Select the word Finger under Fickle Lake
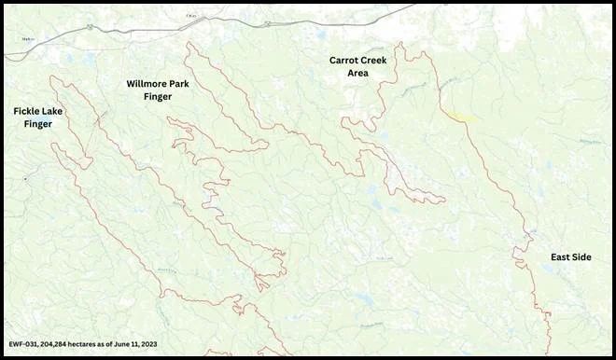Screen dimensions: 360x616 click(38, 123)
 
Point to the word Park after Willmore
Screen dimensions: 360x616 click(189, 83)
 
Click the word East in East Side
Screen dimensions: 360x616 click(561, 257)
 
